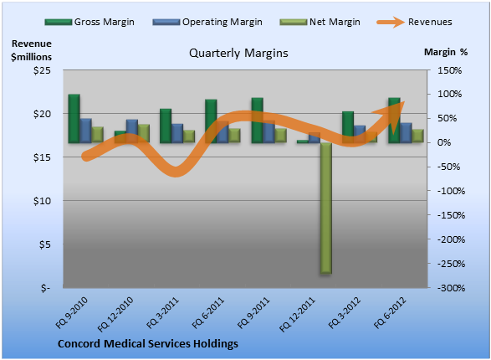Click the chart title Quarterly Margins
tap(238, 54)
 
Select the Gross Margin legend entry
tap(90, 22)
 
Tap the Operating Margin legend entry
tap(207, 22)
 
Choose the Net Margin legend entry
tap(320, 22)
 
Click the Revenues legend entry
tap(414, 22)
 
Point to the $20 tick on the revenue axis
tap(42, 114)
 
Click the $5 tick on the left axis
tap(45, 244)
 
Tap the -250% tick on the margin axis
tap(451, 264)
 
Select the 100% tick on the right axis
tap(449, 94)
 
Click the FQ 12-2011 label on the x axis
tap(297, 314)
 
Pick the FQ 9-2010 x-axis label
tap(71, 312)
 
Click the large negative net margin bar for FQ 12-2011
tap(326, 208)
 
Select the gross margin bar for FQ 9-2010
tap(74, 118)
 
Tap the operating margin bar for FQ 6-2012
tap(407, 133)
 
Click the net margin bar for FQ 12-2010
tap(144, 134)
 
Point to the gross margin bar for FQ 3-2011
tap(166, 126)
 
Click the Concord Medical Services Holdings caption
tap(148, 344)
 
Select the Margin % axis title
tap(446, 52)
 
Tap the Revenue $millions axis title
tap(31, 50)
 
